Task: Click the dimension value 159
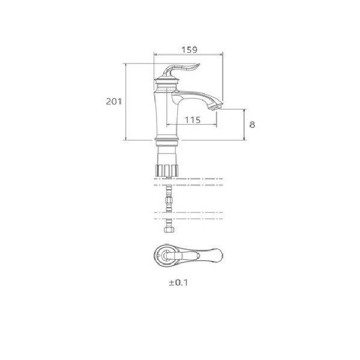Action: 189,50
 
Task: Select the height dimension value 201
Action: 113,101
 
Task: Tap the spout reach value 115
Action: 193,119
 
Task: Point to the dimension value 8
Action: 252,125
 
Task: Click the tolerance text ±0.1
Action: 178,283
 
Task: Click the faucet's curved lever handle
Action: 181,68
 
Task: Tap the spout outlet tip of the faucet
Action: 216,107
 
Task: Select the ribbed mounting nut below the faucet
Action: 167,170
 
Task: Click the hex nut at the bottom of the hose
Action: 169,230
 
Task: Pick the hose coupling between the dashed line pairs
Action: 169,199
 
